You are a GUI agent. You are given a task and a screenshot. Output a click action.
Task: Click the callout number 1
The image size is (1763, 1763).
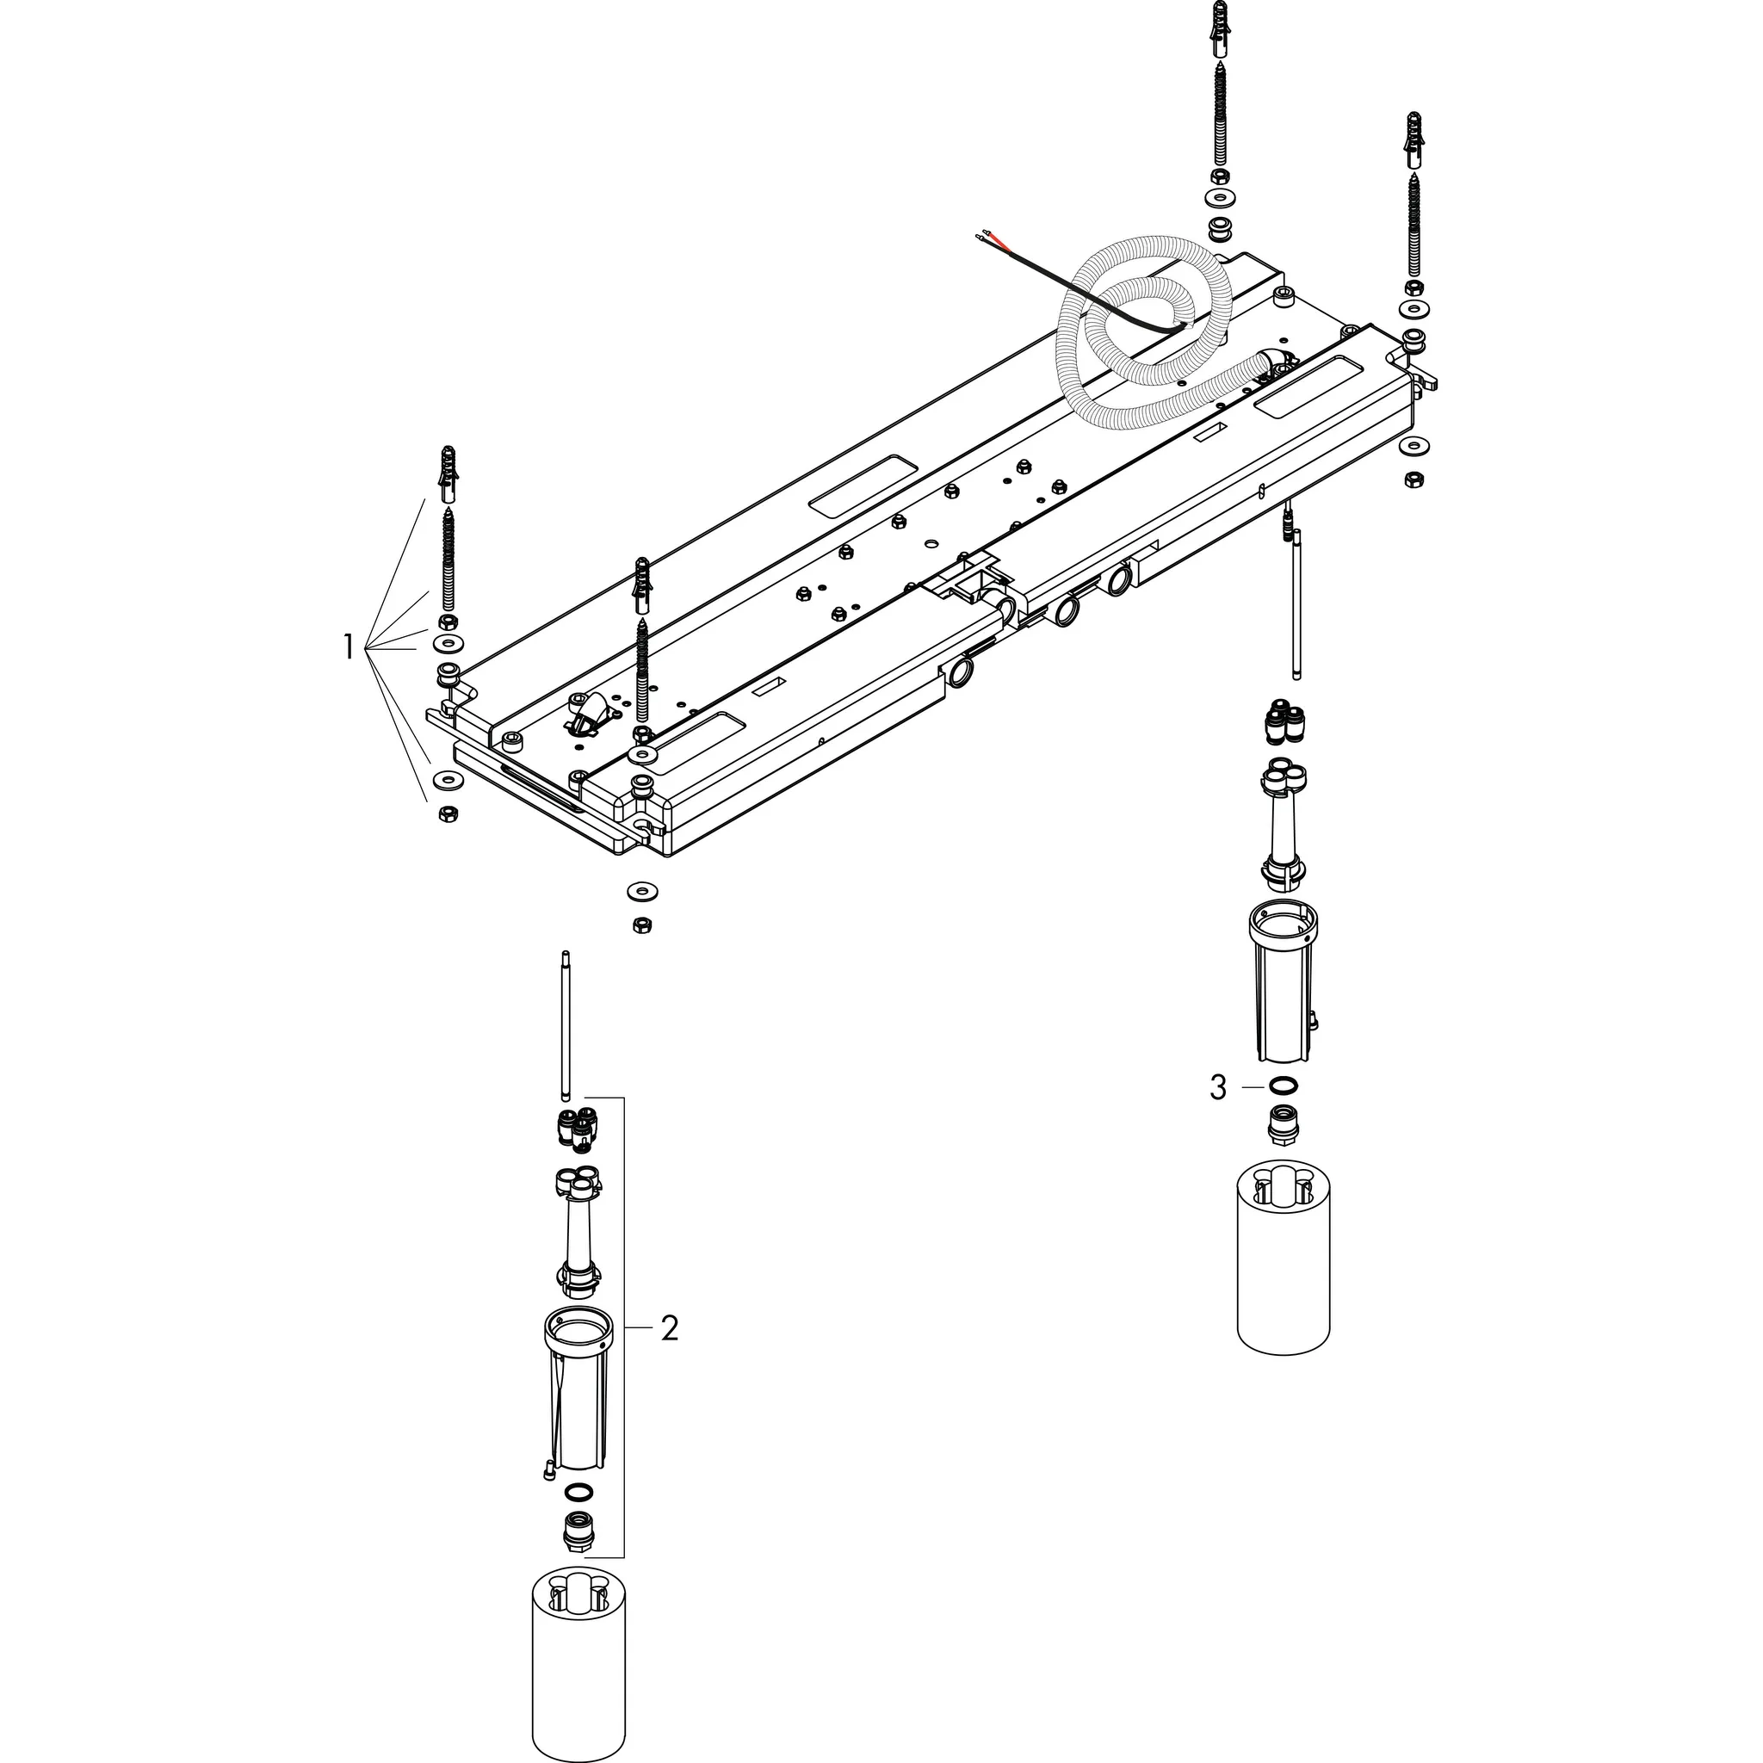click(348, 648)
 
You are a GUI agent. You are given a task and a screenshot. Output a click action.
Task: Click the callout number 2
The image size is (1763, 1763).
click(670, 1328)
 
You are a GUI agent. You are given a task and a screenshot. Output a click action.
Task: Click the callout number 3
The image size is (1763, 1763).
click(1218, 1088)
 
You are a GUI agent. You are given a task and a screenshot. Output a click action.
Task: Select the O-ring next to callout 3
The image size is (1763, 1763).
click(1283, 1086)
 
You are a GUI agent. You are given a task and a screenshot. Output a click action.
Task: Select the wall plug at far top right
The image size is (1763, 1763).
click(1413, 139)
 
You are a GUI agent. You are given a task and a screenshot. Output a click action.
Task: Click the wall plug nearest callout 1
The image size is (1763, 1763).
click(447, 473)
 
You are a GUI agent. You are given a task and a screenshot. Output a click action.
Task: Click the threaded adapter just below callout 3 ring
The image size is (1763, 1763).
click(1283, 1123)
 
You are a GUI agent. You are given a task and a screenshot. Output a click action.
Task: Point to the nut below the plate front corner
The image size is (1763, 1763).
click(641, 925)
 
